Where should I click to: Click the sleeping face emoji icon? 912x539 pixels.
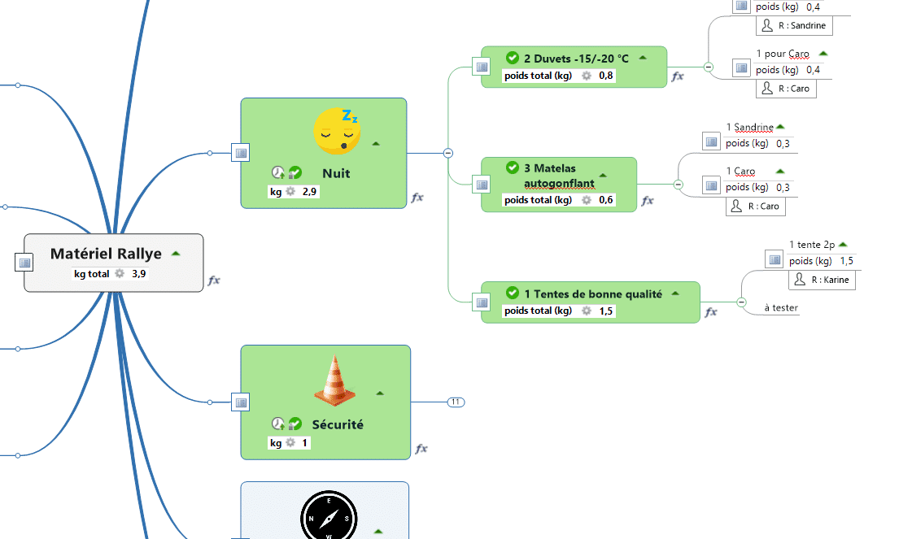click(x=338, y=130)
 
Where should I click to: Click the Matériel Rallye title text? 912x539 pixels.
click(x=106, y=254)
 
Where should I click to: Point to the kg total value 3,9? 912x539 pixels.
click(x=139, y=274)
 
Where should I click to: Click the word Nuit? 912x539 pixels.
click(x=336, y=173)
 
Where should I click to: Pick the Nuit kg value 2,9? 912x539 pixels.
click(x=310, y=192)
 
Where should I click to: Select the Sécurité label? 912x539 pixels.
click(x=338, y=424)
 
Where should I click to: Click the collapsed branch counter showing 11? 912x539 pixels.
click(x=456, y=402)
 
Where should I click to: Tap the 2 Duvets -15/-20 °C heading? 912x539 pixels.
click(x=576, y=59)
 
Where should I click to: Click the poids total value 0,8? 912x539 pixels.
click(x=606, y=76)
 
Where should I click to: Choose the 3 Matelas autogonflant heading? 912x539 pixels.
click(x=559, y=176)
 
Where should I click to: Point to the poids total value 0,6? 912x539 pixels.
click(x=606, y=200)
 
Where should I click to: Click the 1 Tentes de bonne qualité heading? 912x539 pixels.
click(x=592, y=293)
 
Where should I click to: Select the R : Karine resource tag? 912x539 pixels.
click(x=822, y=280)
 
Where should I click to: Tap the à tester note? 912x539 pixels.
click(x=781, y=308)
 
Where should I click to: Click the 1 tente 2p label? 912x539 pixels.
click(x=811, y=245)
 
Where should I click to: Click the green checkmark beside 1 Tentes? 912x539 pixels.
click(x=512, y=293)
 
